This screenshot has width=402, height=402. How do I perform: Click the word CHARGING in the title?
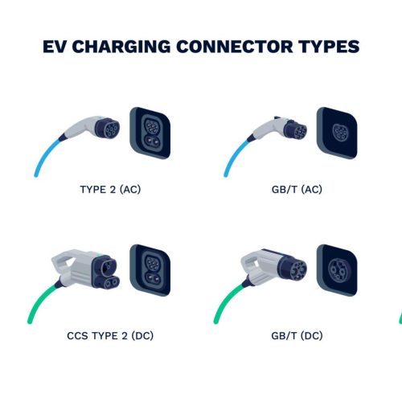point(121,47)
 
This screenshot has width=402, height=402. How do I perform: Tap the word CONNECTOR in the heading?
point(235,47)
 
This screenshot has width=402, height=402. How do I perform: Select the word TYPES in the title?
point(329,47)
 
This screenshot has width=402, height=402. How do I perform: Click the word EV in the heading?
point(54,47)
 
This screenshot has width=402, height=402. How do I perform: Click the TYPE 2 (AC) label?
point(110,190)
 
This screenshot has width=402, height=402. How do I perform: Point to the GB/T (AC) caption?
point(297,190)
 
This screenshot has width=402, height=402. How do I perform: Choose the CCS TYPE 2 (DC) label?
point(110,335)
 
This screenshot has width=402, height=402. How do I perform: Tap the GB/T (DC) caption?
point(297,335)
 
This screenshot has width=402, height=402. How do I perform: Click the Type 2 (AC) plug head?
point(108,129)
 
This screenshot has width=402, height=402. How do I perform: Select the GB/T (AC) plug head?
point(296,130)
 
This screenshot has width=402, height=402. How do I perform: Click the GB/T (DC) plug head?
point(293,269)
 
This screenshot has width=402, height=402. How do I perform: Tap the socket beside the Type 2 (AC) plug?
point(150,133)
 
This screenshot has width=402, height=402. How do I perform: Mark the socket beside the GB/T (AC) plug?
point(337,133)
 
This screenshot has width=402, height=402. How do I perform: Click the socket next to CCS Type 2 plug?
point(150,270)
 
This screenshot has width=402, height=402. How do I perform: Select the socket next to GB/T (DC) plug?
point(337,270)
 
